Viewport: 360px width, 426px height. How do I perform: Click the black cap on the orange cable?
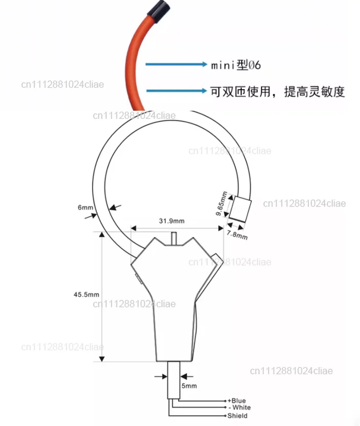(159, 11)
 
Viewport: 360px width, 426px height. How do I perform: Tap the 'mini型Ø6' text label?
(236, 65)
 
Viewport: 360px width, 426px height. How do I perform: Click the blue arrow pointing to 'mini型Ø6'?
(176, 64)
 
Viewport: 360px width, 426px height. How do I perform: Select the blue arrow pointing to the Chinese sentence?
(177, 90)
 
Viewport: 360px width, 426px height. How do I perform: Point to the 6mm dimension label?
(85, 208)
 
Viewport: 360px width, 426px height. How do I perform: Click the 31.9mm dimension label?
(172, 221)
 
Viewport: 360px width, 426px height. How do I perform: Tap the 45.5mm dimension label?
(87, 294)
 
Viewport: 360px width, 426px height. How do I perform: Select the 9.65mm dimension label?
(221, 204)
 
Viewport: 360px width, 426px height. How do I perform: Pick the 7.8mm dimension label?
(237, 235)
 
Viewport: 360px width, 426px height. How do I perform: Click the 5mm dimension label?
(189, 386)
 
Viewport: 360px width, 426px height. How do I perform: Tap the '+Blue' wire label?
(237, 401)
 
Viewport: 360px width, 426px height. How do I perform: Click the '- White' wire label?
(240, 408)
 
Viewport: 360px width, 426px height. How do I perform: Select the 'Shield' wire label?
(237, 416)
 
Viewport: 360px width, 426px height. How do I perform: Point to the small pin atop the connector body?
(174, 239)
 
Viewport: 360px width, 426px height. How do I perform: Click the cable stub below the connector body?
(174, 380)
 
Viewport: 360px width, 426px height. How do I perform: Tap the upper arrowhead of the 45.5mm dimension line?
(102, 234)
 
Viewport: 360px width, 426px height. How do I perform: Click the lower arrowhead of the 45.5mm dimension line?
(102, 359)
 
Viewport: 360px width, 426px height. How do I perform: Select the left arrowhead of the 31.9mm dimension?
(133, 228)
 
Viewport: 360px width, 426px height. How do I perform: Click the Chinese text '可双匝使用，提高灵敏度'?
(277, 92)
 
